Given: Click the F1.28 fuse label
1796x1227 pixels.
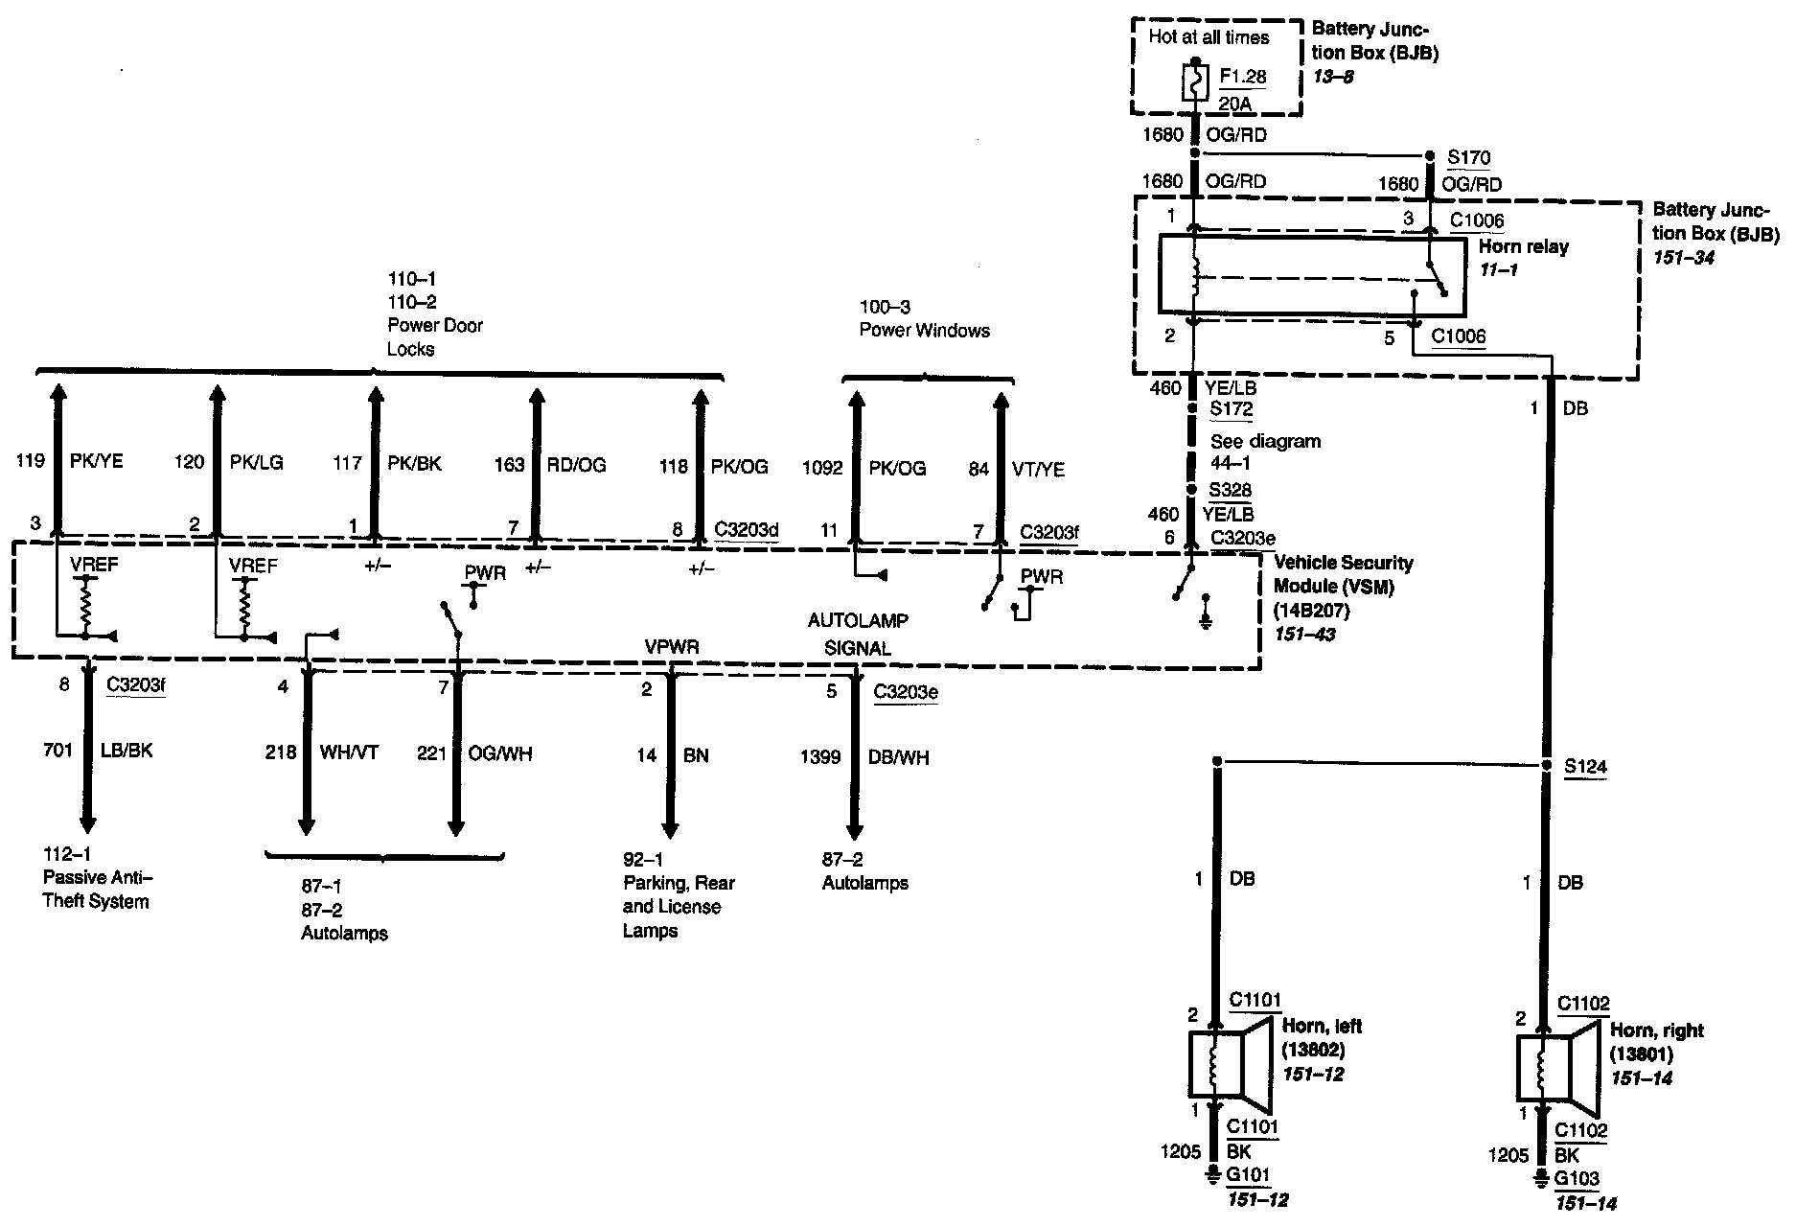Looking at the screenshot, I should tap(1243, 76).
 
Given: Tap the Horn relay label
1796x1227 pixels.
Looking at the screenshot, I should tap(1524, 246).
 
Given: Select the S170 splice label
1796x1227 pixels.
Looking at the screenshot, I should tap(1468, 157).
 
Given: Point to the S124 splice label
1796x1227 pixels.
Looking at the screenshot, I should tap(1585, 767).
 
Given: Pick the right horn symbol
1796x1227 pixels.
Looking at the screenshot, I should tap(1556, 1067).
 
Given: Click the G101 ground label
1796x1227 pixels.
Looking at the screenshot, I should tap(1248, 1175).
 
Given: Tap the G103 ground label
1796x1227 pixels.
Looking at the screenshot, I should tap(1577, 1179).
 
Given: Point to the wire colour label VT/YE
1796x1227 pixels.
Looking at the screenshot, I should tap(1038, 469).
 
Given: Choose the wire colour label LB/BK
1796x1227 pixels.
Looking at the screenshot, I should tap(127, 751).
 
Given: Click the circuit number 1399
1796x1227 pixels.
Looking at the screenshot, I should tap(820, 757).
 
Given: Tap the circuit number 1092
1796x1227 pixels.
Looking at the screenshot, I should tap(822, 469).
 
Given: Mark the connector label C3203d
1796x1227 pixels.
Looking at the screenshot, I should tap(747, 529).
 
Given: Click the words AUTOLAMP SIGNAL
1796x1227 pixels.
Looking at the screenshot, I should tap(858, 635).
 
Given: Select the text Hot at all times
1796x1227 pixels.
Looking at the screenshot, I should tap(1209, 37).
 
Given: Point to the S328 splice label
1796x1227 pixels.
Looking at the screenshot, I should tap(1230, 490).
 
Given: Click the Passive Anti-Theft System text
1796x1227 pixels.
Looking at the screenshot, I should tap(97, 878).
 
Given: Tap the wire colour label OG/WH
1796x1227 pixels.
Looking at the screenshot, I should tap(500, 753).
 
